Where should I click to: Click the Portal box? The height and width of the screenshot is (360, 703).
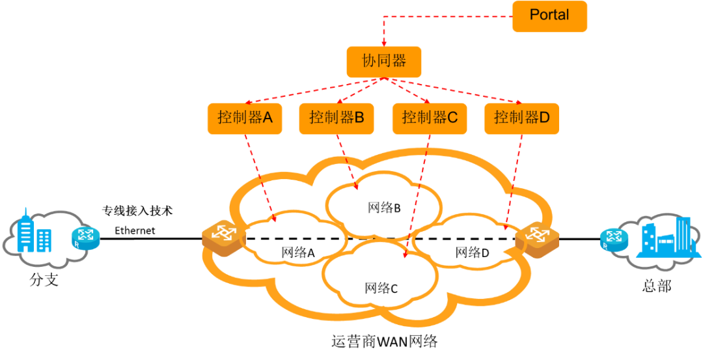pyautogui.click(x=549, y=16)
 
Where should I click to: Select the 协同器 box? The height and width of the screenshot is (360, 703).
pyautogui.click(x=384, y=62)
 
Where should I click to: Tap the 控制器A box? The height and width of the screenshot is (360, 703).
pyautogui.click(x=245, y=118)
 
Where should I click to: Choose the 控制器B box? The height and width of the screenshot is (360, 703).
pyautogui.click(x=337, y=118)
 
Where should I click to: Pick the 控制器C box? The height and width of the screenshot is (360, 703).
pyautogui.click(x=430, y=118)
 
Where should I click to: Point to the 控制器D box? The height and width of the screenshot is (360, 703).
pyautogui.click(x=521, y=118)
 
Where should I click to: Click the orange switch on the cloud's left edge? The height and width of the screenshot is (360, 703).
pyautogui.click(x=223, y=238)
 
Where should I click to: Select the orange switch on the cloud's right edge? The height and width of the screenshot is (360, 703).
pyautogui.click(x=536, y=239)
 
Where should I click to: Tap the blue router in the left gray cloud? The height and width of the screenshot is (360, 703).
pyautogui.click(x=86, y=239)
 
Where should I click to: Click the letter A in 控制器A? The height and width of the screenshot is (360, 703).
pyautogui.click(x=266, y=118)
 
